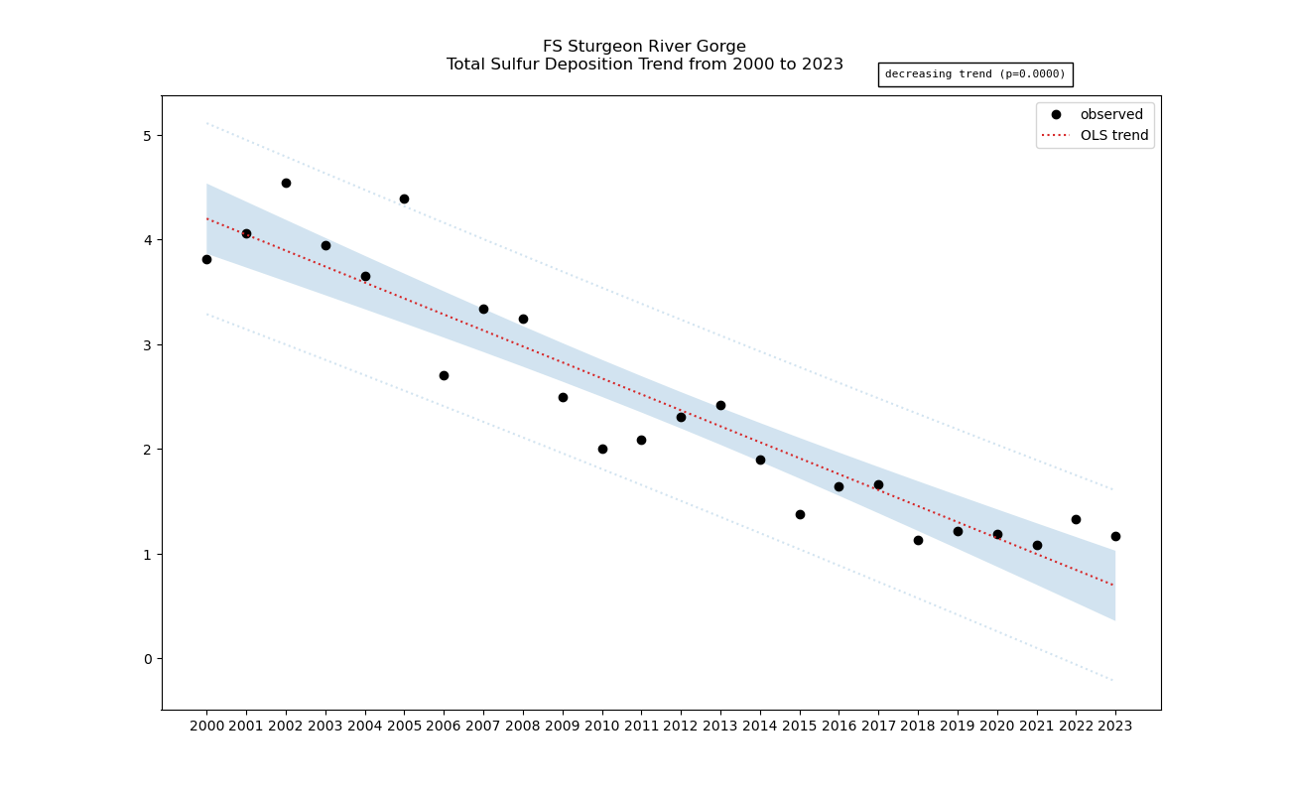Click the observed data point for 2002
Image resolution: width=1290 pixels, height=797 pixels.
tap(286, 183)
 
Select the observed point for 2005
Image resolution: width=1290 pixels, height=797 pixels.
tap(404, 199)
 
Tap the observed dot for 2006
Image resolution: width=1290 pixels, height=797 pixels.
tap(444, 375)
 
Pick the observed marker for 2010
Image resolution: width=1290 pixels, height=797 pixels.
tap(602, 449)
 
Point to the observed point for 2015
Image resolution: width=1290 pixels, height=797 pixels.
tap(800, 514)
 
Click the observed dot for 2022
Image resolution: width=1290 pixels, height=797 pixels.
tap(1076, 519)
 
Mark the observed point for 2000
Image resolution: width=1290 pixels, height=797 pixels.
tap(206, 259)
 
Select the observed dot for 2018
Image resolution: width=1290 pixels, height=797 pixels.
tap(918, 540)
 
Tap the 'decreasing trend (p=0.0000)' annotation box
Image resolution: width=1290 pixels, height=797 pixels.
tap(974, 74)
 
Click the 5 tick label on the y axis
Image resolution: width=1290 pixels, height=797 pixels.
tap(148, 136)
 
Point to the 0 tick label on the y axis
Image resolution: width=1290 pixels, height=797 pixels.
tap(148, 659)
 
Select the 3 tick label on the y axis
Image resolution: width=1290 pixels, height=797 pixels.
tap(148, 345)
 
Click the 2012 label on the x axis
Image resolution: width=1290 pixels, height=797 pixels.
tap(681, 727)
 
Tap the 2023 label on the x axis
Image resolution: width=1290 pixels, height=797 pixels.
tap(1115, 727)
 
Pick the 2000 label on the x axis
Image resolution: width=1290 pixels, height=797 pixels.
tap(206, 727)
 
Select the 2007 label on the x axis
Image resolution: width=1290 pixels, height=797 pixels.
tap(483, 727)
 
